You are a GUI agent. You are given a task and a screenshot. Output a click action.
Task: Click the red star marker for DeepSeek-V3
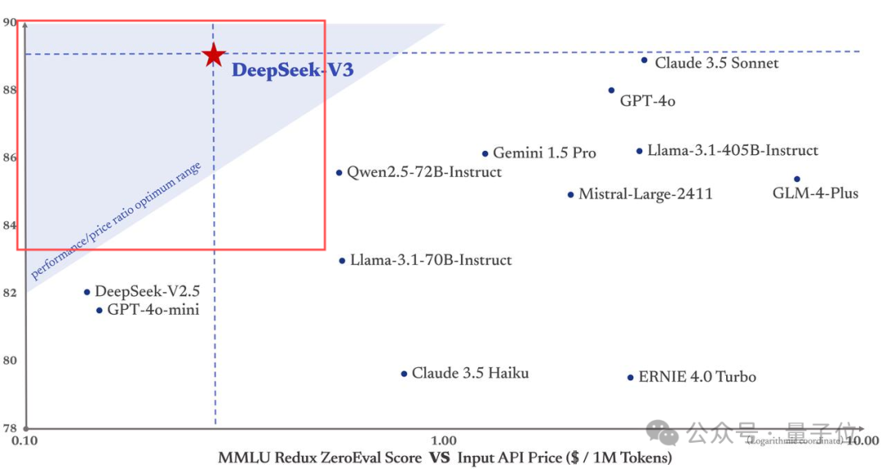point(213,55)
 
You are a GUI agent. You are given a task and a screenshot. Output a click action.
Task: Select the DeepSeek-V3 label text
point(292,71)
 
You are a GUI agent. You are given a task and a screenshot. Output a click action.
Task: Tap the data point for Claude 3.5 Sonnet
point(644,60)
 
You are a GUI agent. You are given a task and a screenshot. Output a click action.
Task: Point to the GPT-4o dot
point(611,90)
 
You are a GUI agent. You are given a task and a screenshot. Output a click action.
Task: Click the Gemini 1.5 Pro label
point(544,153)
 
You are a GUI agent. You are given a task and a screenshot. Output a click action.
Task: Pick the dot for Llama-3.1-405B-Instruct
point(639,151)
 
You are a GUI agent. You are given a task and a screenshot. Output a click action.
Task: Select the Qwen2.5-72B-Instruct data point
point(339,172)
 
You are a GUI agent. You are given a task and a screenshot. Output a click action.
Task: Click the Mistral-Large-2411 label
point(645,194)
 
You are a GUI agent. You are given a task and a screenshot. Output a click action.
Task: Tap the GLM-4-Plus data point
point(797,179)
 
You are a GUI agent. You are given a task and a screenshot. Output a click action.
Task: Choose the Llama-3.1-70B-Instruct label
point(431,260)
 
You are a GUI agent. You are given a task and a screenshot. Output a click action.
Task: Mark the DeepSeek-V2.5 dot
point(86,292)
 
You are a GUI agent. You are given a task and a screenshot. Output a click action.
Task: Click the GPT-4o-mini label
point(153,310)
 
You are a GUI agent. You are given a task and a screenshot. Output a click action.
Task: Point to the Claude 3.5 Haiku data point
point(404,374)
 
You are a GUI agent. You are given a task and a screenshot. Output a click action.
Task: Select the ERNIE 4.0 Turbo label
point(696,377)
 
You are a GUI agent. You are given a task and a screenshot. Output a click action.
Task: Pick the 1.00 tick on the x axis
point(443,441)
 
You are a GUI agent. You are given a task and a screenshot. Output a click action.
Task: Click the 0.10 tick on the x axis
point(26,441)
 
